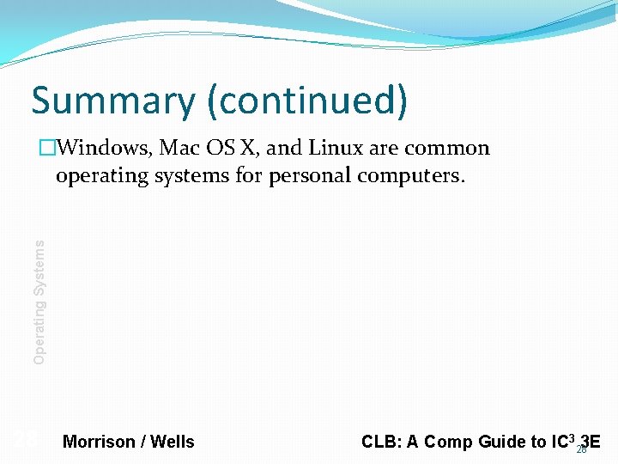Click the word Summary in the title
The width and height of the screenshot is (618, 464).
(x=113, y=101)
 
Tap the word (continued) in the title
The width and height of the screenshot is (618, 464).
(x=306, y=101)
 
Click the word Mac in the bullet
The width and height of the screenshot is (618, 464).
(x=179, y=148)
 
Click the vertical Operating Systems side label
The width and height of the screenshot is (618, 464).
(x=39, y=301)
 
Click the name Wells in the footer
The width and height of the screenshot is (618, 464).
(x=173, y=442)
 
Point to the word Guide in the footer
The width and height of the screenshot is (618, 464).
(x=500, y=442)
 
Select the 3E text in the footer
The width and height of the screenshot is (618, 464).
(x=591, y=442)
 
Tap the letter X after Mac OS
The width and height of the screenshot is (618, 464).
(x=247, y=148)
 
